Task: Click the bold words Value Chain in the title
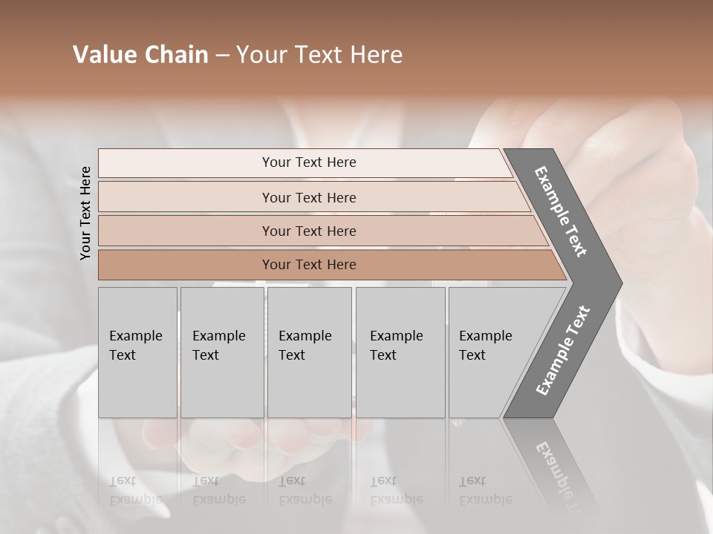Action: pos(140,55)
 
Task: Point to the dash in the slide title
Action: pos(222,56)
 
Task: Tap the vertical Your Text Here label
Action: pos(85,213)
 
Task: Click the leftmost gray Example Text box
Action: pos(137,352)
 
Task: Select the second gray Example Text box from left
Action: pos(221,352)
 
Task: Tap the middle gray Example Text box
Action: pos(309,352)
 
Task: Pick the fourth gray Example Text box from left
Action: pos(400,352)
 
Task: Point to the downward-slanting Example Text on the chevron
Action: pos(561,211)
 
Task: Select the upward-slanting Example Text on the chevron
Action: pos(563,350)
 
